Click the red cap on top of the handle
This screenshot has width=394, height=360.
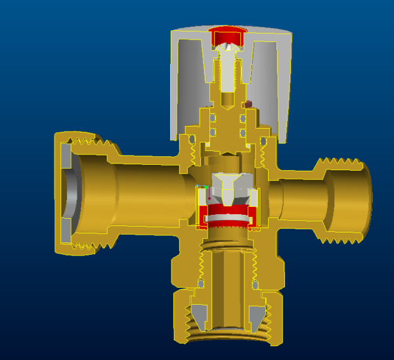click(227, 35)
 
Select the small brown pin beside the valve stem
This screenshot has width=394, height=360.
click(248, 104)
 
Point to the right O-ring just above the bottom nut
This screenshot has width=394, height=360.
click(255, 284)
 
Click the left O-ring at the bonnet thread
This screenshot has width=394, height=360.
click(191, 141)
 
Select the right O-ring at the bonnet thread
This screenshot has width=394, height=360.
click(263, 141)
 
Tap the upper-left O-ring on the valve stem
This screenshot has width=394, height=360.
click(212, 119)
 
